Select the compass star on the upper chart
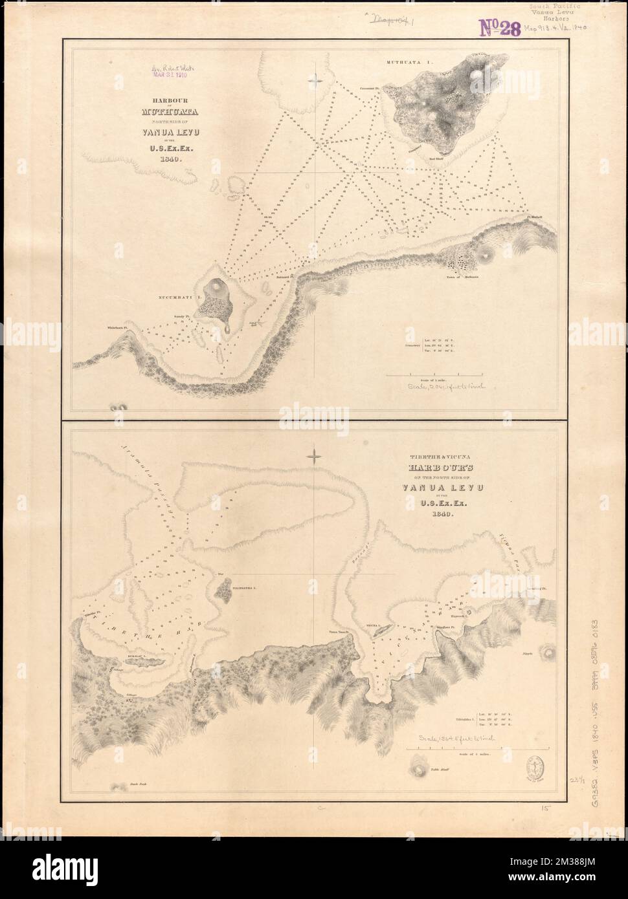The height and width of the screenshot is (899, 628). click(315, 79)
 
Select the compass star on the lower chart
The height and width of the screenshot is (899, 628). click(315, 457)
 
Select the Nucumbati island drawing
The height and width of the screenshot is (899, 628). click(213, 299)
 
